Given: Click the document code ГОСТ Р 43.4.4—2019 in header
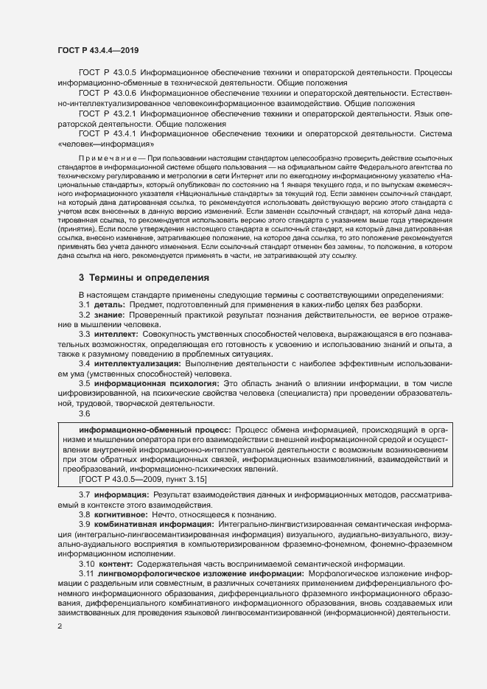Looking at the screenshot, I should [98, 49].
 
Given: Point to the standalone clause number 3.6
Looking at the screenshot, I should [85, 414].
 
